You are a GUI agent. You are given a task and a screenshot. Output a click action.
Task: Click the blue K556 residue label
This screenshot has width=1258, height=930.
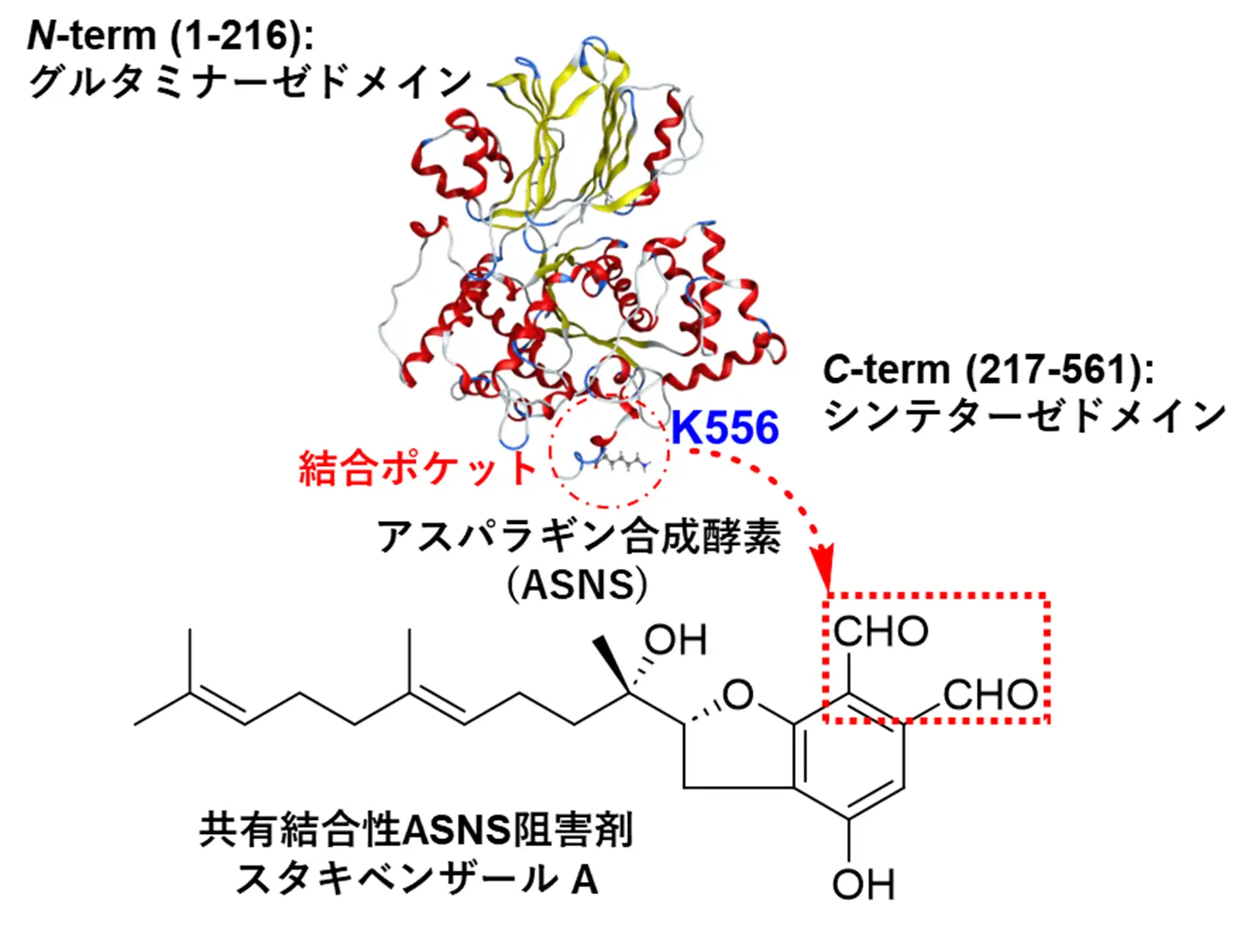pos(724,427)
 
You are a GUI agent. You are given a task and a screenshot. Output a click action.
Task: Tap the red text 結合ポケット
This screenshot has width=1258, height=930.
pos(417,468)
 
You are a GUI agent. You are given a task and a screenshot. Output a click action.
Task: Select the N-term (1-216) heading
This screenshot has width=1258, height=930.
pos(170,36)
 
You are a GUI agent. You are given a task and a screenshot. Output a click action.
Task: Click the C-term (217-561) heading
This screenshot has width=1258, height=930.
pos(988,369)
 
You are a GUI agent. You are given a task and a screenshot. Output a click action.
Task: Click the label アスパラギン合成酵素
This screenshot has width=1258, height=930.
pos(578,536)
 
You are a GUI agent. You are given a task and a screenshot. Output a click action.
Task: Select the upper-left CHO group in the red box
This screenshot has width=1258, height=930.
pos(880,630)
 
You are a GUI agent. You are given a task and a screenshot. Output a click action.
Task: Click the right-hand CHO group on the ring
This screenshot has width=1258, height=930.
pos(990,695)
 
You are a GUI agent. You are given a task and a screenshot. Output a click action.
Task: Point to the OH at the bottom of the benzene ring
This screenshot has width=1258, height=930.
pos(863,884)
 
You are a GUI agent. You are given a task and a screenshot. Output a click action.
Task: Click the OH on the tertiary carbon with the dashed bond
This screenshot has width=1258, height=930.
pos(675,641)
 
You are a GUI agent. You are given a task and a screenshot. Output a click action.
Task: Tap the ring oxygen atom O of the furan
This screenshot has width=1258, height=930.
pos(738,695)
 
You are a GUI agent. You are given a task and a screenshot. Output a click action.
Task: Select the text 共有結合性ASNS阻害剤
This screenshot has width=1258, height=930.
pos(415,829)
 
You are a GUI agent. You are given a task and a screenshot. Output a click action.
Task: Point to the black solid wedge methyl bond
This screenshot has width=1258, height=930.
pos(611,664)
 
